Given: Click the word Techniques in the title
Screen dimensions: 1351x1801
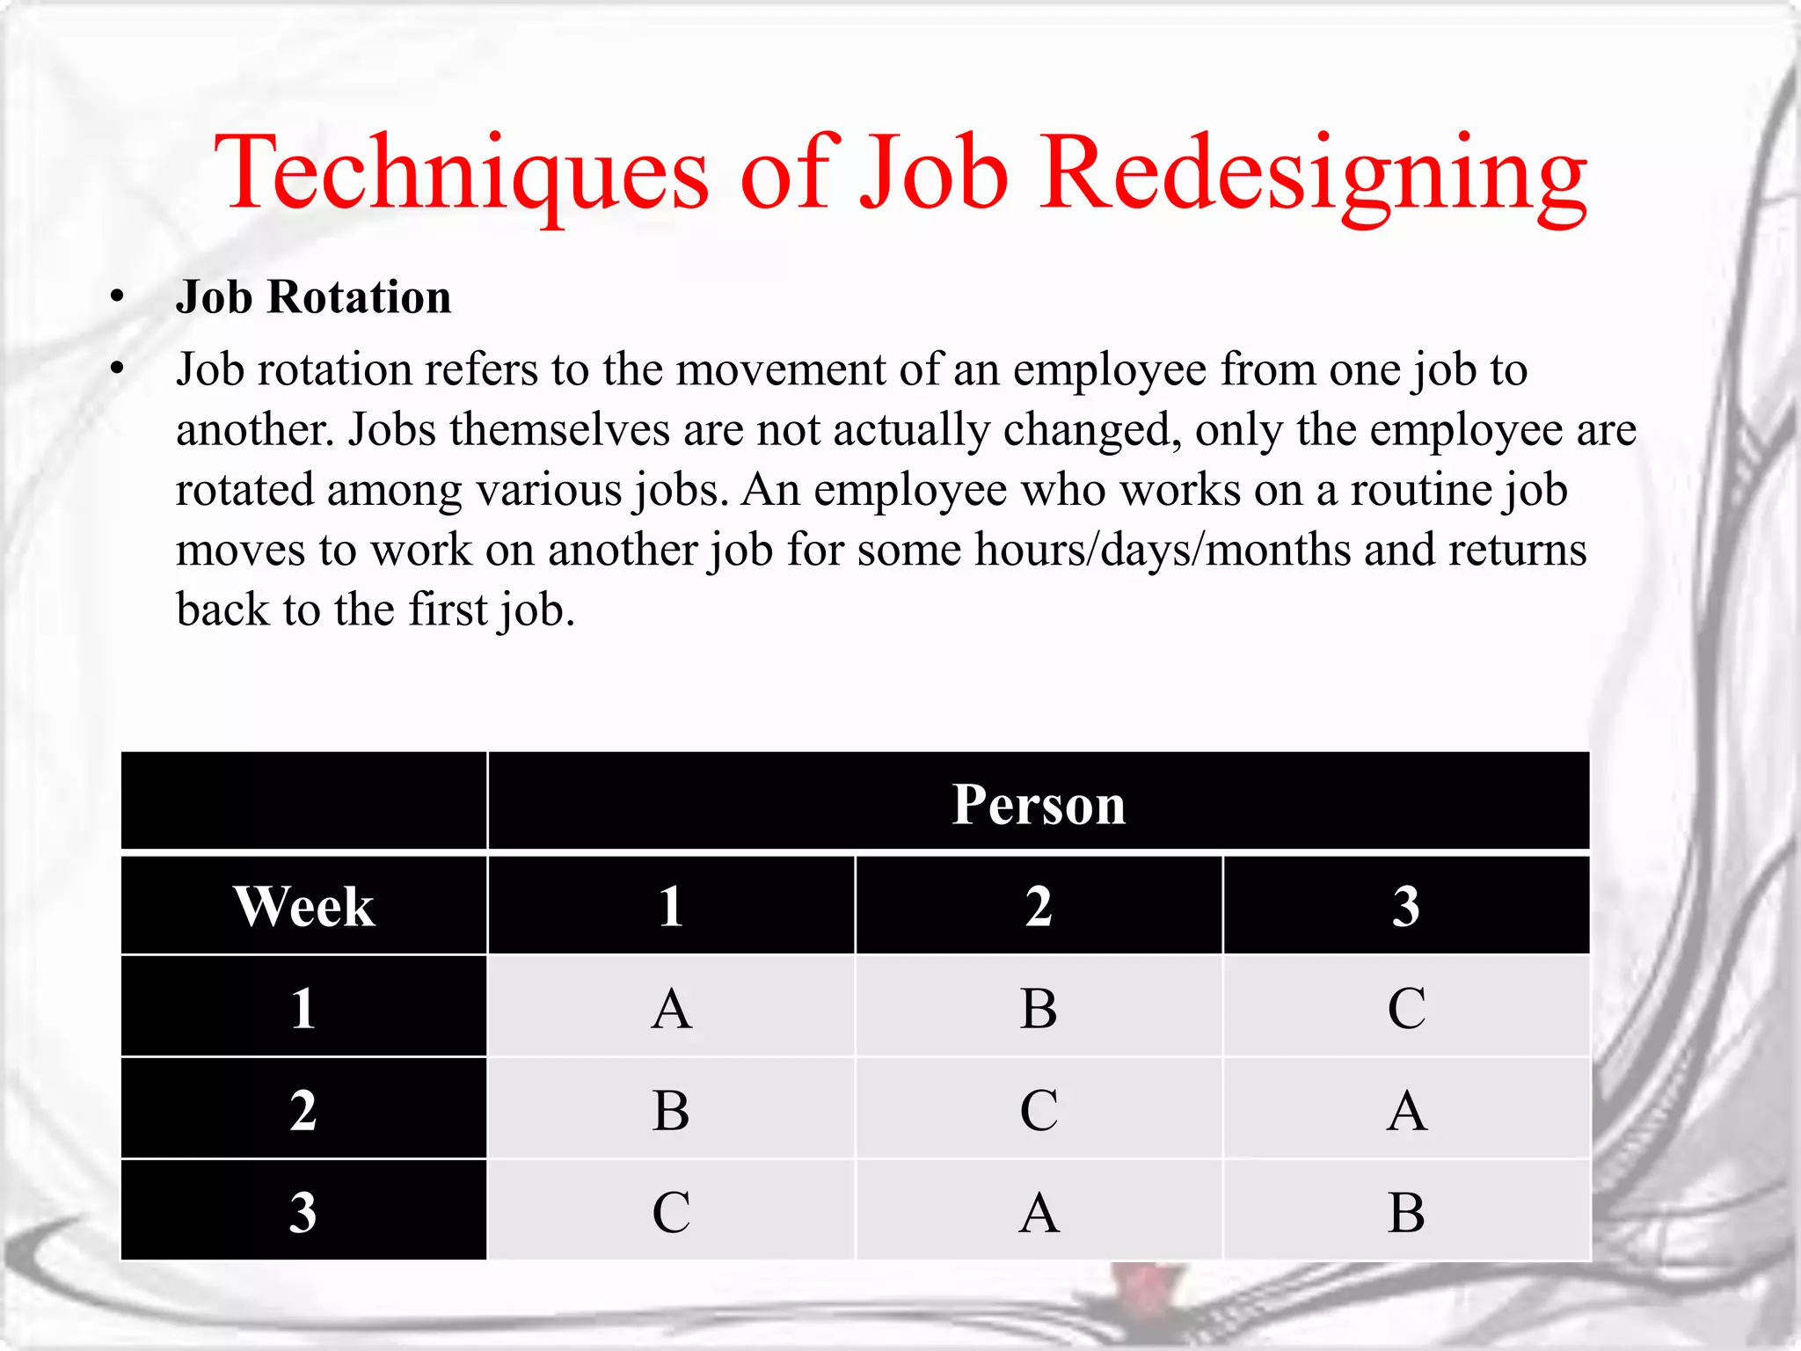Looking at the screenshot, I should (461, 172).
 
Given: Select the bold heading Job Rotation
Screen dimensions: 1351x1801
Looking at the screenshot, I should (313, 297).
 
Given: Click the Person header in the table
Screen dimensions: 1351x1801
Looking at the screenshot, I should (1039, 804).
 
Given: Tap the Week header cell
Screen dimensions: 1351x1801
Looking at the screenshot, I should (303, 906).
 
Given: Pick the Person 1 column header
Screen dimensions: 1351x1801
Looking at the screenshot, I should (671, 906).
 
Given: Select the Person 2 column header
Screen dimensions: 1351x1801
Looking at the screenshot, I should (1039, 906).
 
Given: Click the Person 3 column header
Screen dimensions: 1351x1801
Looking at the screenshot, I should (1406, 906).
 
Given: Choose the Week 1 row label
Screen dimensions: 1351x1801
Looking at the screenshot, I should (303, 1008).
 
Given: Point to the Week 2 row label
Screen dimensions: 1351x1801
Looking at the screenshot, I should (303, 1110).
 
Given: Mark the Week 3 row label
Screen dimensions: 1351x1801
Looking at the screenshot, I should (303, 1212).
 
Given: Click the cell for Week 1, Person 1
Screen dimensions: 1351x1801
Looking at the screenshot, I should (671, 1008).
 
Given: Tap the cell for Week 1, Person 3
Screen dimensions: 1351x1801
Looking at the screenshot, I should (1406, 1008).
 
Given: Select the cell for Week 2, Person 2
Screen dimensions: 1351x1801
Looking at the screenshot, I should (1039, 1110).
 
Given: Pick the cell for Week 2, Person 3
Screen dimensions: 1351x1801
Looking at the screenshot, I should (1406, 1110).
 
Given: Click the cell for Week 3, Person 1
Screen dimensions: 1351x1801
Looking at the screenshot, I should (671, 1212).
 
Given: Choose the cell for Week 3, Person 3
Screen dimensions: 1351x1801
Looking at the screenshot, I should (1406, 1212).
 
